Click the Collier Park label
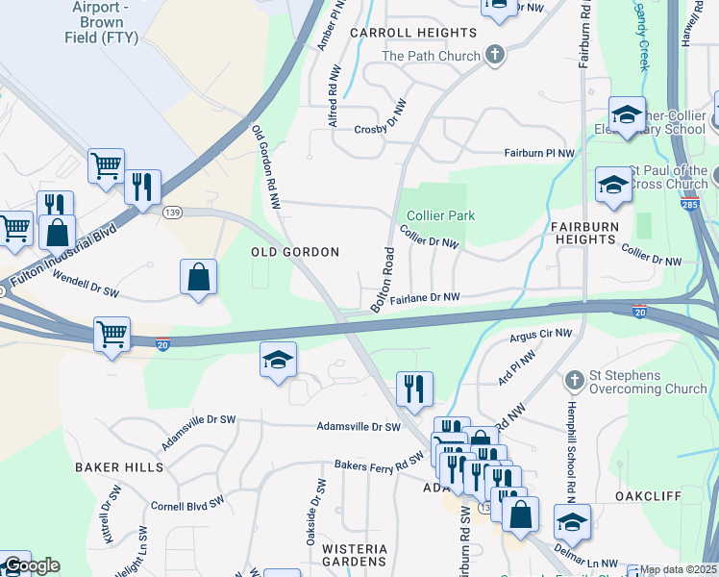tap(440, 216)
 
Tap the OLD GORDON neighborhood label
tap(295, 252)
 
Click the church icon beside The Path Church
tap(495, 54)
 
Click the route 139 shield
tap(173, 213)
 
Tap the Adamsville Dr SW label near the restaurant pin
tap(359, 426)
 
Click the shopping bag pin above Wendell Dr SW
tap(197, 277)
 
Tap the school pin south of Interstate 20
tap(279, 360)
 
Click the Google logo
tap(31, 565)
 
